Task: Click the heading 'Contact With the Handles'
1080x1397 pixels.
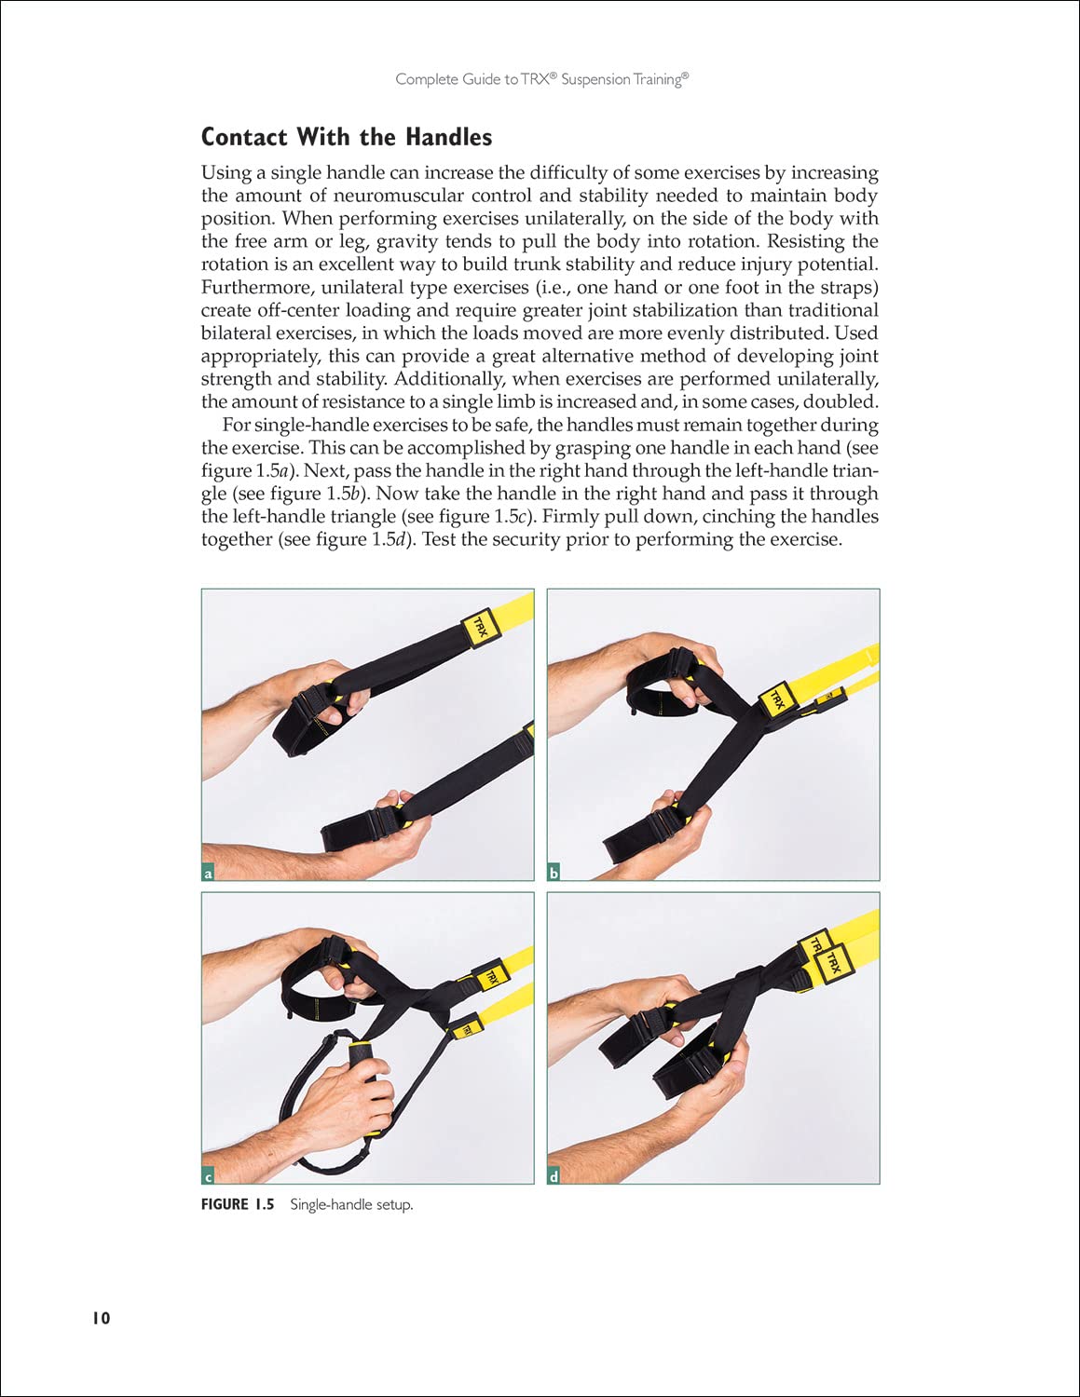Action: [347, 137]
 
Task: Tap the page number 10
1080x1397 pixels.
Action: [101, 1318]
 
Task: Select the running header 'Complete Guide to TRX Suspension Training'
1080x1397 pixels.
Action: [541, 79]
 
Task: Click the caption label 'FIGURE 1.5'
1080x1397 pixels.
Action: [238, 1204]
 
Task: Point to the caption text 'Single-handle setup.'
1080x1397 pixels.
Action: [351, 1204]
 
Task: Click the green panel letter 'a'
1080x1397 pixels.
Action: [208, 874]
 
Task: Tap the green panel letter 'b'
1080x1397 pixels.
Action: [554, 874]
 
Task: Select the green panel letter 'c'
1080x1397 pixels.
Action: [208, 1177]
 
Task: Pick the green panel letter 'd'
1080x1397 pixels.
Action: [554, 1177]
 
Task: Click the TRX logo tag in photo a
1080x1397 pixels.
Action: [481, 626]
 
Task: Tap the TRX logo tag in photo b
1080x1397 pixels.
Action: [775, 698]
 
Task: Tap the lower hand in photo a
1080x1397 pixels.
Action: [391, 829]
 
